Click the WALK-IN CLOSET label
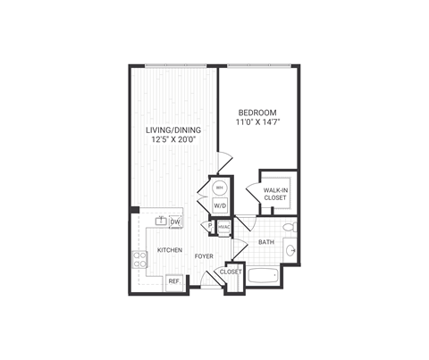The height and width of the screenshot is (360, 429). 275,193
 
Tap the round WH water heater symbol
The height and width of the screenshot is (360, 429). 219,188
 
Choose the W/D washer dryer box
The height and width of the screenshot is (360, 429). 219,206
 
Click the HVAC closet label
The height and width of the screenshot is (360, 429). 223,227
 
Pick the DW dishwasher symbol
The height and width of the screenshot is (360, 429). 176,222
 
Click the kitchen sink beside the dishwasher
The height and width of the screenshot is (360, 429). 162,221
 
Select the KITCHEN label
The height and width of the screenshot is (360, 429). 171,251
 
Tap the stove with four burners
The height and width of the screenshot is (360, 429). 140,259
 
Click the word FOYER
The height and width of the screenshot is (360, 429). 205,256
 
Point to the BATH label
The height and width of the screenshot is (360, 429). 266,242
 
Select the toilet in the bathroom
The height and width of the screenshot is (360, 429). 289,229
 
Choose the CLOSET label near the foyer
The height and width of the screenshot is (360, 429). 231,271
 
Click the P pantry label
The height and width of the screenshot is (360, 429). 210,226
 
